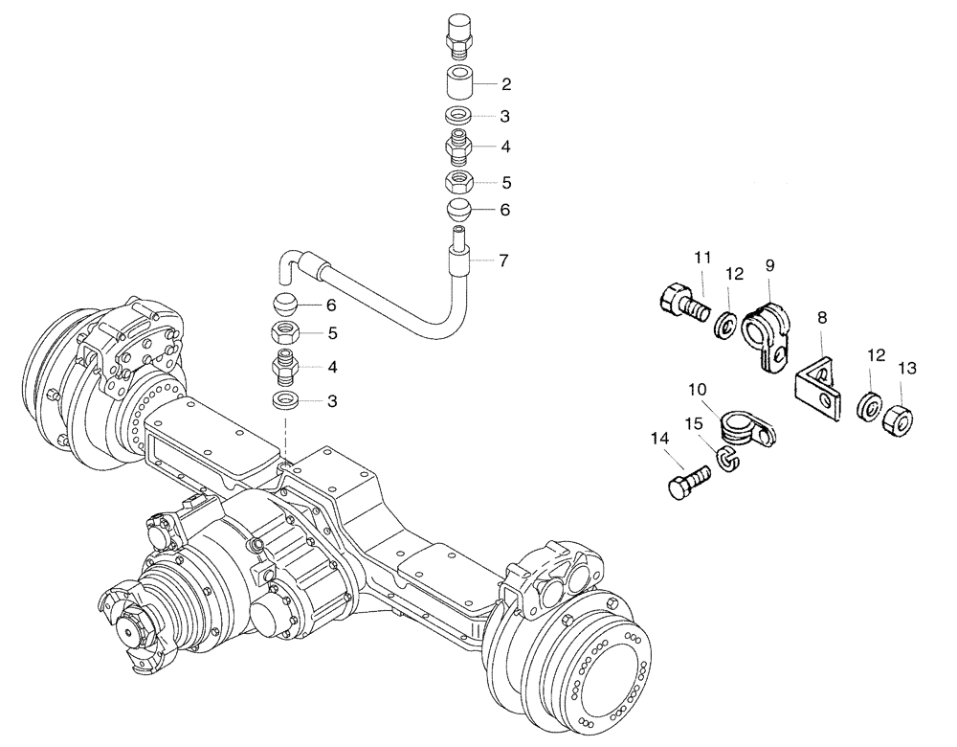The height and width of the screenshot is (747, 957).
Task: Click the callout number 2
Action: [x=506, y=84]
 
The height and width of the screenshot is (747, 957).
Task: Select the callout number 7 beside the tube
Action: [x=503, y=260]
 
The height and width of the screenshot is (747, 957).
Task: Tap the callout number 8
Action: [x=822, y=317]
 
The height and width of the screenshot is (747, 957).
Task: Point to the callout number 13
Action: [x=906, y=369]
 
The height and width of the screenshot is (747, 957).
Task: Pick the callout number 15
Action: [x=693, y=422]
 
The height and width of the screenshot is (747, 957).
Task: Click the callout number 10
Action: [x=697, y=390]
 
